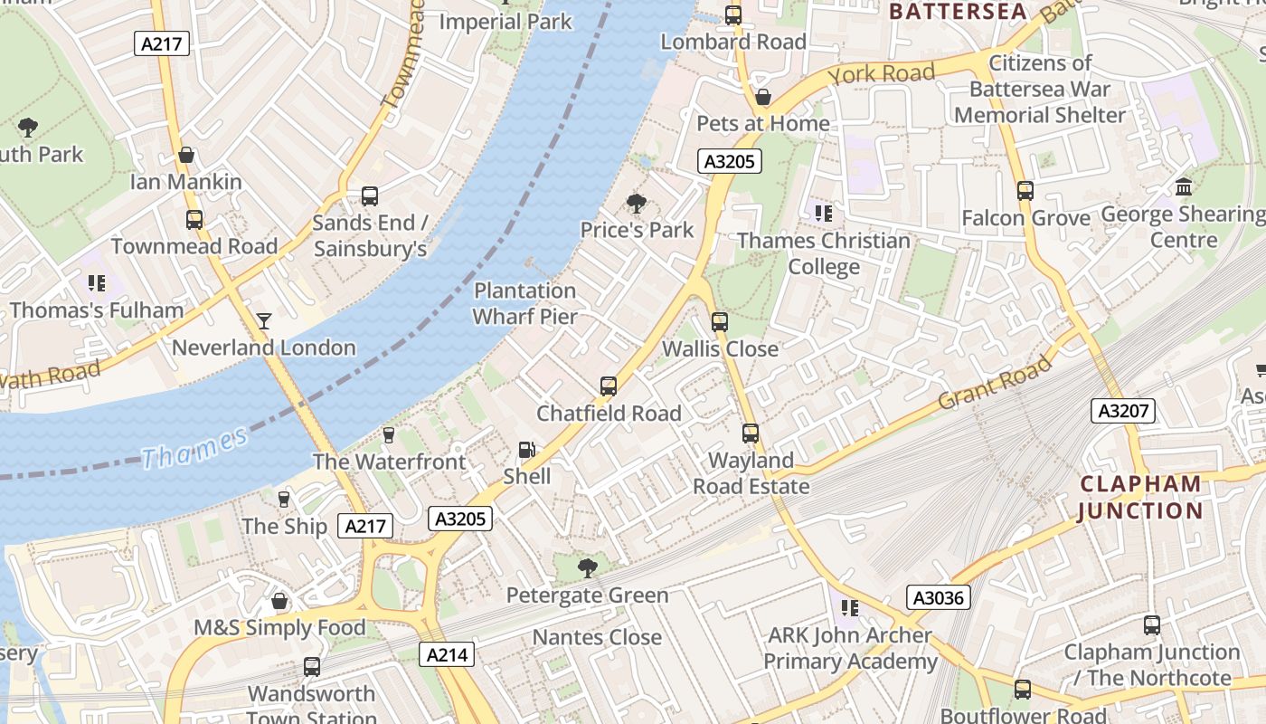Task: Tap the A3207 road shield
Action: [1122, 411]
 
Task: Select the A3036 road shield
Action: [938, 597]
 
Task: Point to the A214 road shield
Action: [447, 654]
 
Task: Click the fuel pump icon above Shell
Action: [526, 450]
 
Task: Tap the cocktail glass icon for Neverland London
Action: [263, 320]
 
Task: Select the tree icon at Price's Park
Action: [637, 204]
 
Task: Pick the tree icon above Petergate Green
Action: [587, 568]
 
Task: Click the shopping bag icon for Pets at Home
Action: [763, 97]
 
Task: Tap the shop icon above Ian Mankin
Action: [186, 156]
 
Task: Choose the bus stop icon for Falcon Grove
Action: [1025, 191]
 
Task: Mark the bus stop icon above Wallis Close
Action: [720, 321]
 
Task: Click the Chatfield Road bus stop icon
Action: [609, 386]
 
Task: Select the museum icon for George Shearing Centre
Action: [1184, 187]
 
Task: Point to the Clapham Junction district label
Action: [1140, 497]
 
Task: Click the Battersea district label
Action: [959, 12]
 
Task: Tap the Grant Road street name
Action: [995, 381]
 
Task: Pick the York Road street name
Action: [881, 74]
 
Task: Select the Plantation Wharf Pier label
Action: [524, 303]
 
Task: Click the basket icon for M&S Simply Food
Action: [280, 601]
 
